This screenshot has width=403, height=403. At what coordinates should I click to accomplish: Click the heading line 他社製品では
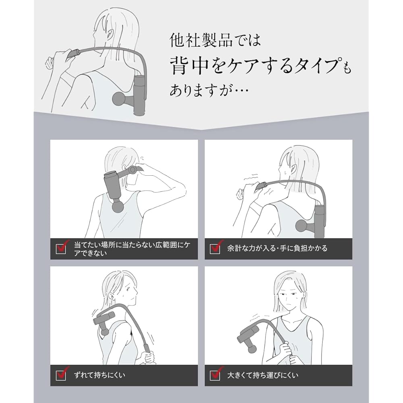(x=215, y=41)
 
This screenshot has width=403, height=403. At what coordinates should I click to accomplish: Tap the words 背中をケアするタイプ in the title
(x=254, y=66)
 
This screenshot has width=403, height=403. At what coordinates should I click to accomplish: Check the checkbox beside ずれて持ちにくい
(x=61, y=376)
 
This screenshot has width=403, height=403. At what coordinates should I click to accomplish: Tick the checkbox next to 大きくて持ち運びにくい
(x=215, y=376)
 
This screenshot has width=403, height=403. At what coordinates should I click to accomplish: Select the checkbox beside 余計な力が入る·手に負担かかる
(x=215, y=249)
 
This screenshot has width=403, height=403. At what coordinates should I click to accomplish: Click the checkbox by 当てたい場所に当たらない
(x=61, y=249)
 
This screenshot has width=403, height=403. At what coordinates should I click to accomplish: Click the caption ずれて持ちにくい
(x=100, y=375)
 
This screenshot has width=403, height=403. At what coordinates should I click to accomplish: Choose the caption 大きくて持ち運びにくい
(x=263, y=375)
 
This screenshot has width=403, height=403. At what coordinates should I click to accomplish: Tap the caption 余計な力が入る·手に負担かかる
(x=277, y=248)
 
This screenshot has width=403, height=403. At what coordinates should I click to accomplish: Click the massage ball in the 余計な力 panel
(x=303, y=226)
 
